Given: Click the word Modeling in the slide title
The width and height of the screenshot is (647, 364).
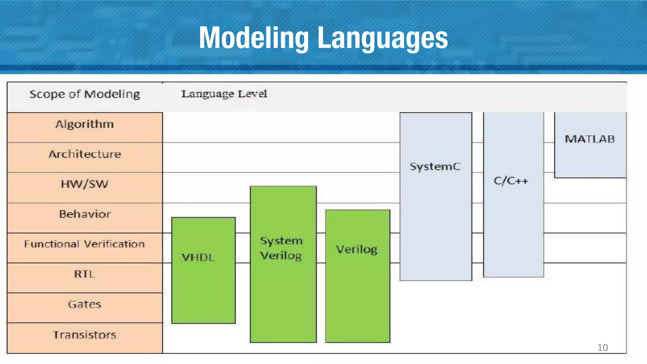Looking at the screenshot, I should tap(254, 38).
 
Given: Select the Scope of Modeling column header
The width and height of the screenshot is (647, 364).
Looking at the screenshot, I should tap(85, 94).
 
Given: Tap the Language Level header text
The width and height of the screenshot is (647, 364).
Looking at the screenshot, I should tap(224, 94).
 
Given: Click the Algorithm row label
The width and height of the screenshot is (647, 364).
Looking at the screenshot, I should tap(85, 124).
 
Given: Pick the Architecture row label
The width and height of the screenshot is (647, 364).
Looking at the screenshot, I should tap(85, 154).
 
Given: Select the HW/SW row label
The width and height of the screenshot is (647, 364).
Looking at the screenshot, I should tap(85, 184).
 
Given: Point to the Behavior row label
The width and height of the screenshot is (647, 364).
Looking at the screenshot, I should tap(85, 214).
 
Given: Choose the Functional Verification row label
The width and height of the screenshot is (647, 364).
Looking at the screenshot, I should tap(85, 244).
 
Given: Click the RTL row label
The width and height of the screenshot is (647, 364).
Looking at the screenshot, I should tap(85, 274).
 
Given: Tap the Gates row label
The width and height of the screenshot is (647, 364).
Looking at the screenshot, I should tap(85, 304).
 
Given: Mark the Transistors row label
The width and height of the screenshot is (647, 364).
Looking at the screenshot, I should tap(85, 335).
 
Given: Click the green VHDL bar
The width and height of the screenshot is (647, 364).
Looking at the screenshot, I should tap(203, 284).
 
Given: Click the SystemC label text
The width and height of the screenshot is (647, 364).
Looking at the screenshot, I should tap(435, 166).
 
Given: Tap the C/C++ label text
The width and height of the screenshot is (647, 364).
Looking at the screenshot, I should tap(511, 181).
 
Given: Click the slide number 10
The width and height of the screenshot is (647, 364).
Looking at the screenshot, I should tap(602, 347).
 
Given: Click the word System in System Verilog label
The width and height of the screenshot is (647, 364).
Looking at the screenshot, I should tap(281, 241).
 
